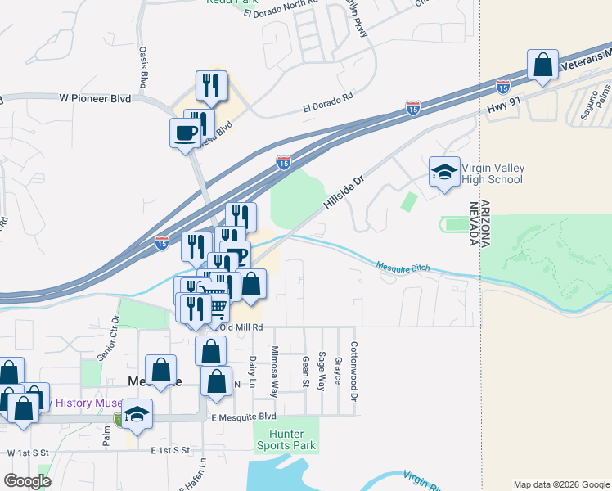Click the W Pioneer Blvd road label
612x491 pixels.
coord(95,98)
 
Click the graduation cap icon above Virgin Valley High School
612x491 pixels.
coord(444,172)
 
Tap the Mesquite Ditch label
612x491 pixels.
coord(403,267)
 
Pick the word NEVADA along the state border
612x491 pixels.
coord(474,223)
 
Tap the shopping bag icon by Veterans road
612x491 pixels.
coord(542,65)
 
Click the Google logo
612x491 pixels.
coord(27,481)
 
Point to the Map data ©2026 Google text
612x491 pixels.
coord(560,484)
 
